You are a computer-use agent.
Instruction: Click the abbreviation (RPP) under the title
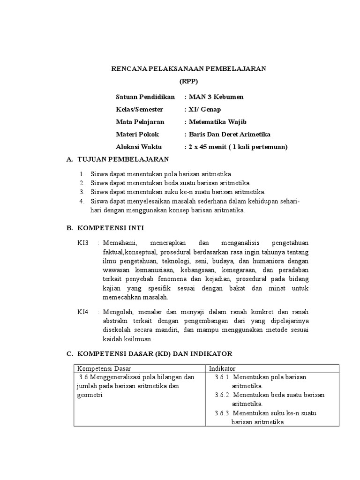click(x=188, y=81)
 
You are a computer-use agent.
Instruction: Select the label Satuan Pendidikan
click(x=145, y=97)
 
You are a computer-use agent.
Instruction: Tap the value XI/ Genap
click(x=205, y=109)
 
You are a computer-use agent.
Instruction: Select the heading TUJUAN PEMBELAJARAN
click(x=123, y=160)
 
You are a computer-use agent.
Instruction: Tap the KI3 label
click(x=83, y=243)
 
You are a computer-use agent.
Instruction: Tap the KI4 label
click(x=83, y=312)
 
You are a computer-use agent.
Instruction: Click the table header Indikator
click(x=221, y=368)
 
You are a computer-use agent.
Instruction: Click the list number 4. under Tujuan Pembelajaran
click(x=82, y=202)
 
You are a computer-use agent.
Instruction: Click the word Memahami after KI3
click(x=120, y=243)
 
